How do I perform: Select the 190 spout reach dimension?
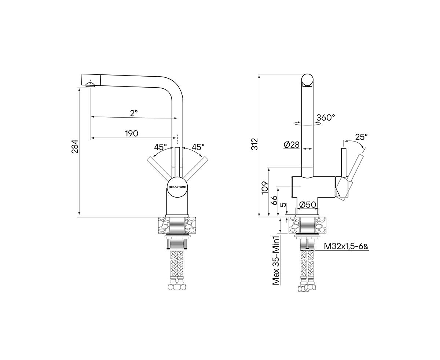(x=132, y=133)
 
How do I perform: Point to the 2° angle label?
(x=134, y=113)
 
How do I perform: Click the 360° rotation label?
(x=326, y=118)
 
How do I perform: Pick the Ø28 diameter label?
(x=292, y=145)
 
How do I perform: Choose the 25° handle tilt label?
(x=361, y=137)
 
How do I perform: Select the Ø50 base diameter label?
(x=308, y=205)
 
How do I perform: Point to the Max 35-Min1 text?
(x=276, y=261)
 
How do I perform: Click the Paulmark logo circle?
(x=177, y=187)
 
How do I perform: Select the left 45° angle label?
(x=161, y=147)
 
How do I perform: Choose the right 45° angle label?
(x=198, y=147)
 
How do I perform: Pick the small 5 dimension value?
(x=282, y=205)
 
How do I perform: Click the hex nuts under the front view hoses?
(x=177, y=287)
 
